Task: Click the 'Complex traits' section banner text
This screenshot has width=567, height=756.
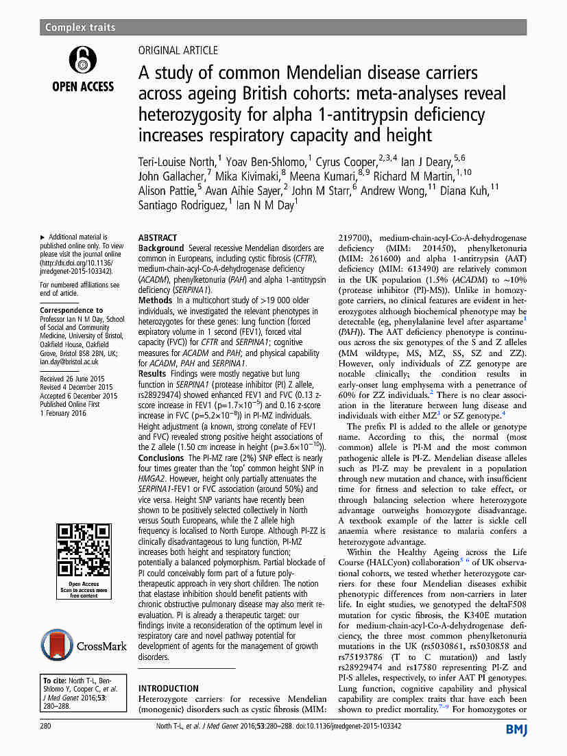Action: click(80, 27)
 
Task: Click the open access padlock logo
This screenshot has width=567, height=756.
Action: click(83, 60)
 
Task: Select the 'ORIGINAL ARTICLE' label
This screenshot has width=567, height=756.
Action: click(178, 50)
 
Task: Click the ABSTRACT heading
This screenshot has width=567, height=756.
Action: click(158, 237)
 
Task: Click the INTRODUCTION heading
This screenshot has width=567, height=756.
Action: click(169, 688)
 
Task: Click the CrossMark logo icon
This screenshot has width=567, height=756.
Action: click(57, 646)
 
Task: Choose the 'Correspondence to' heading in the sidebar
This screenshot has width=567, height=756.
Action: click(71, 310)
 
